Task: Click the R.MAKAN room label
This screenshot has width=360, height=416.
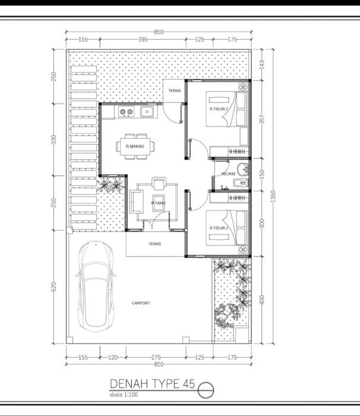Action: (x=135, y=146)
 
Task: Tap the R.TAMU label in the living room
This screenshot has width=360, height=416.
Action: (x=158, y=203)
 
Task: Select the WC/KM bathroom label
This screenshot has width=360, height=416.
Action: (x=228, y=174)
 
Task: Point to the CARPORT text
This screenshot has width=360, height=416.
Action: (x=141, y=303)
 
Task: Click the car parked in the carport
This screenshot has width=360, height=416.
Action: (x=96, y=286)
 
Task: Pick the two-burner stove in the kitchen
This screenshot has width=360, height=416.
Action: (x=126, y=112)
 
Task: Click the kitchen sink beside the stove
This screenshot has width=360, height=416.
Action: (x=147, y=112)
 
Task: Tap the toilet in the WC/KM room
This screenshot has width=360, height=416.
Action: (x=241, y=183)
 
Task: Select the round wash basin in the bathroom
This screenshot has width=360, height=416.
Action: (x=242, y=169)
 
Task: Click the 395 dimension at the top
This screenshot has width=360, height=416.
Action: (x=143, y=40)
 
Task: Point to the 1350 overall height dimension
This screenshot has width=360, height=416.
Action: (x=273, y=196)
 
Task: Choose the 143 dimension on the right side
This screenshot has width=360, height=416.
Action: (x=261, y=64)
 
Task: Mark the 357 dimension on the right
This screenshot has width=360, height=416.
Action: (x=262, y=119)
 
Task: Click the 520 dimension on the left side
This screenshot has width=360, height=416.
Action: (x=53, y=287)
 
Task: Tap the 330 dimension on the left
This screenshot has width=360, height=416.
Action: (x=53, y=140)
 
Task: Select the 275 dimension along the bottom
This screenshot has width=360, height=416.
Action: (x=156, y=357)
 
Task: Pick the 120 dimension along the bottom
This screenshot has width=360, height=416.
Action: (x=113, y=357)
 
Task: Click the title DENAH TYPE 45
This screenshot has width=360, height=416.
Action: (x=152, y=384)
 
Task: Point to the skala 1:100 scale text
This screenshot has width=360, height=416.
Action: (x=124, y=395)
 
